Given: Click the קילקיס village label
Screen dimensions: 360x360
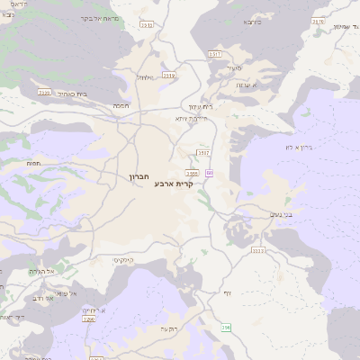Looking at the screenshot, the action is [124, 259].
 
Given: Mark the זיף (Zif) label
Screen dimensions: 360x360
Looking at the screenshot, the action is [227, 292].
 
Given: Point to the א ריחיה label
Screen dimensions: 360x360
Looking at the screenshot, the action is [93, 310].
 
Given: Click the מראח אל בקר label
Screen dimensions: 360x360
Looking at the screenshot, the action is [100, 18].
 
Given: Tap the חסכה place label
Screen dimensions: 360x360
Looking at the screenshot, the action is [121, 105].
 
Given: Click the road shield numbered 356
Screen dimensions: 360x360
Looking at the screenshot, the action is [226, 327].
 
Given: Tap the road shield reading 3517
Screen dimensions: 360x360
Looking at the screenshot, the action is [215, 55].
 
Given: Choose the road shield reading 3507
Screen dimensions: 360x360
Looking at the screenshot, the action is [204, 153].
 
